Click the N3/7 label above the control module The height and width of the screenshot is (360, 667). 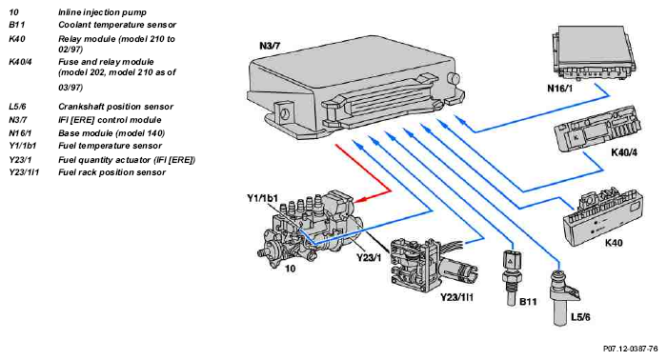[270, 46]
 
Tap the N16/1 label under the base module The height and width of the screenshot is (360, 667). [560, 89]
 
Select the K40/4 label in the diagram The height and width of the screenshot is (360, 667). [624, 152]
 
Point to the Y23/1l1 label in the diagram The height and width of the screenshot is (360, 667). [456, 297]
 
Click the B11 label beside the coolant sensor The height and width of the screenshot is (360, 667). [528, 302]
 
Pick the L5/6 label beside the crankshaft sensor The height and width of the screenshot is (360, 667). [580, 317]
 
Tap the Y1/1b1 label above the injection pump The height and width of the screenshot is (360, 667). [262, 198]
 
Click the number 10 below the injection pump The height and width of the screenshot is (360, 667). [290, 269]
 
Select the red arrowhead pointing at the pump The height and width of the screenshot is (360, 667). [359, 199]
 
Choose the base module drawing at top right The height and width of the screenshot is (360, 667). [594, 52]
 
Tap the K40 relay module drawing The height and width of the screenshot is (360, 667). [603, 218]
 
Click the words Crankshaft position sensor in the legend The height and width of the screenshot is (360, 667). [115, 107]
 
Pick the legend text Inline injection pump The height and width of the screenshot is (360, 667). [102, 12]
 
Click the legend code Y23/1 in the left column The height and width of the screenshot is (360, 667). [20, 160]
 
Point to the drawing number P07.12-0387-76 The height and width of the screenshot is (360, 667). [631, 349]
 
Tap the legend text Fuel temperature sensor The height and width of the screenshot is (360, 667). [110, 146]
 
